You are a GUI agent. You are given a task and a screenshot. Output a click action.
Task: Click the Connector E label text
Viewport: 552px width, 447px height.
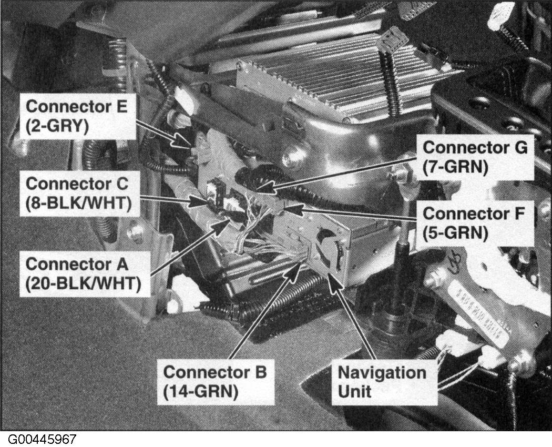(76, 106)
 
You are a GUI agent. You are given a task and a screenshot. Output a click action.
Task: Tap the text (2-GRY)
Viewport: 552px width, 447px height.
(57, 126)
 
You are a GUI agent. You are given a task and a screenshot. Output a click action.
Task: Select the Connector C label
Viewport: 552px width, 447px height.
(77, 184)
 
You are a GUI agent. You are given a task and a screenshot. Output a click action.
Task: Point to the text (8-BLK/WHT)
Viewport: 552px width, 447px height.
(78, 203)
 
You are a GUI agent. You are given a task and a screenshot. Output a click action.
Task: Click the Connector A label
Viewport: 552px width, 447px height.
(77, 264)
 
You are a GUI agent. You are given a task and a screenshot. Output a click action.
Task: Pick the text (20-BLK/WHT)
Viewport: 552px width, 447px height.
(84, 283)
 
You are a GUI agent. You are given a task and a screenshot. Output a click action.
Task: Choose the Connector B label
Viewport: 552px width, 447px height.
(214, 372)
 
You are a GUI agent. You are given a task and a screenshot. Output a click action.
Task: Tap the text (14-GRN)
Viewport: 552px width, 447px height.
(201, 391)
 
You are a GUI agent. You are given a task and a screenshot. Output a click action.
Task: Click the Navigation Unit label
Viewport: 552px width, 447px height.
(382, 381)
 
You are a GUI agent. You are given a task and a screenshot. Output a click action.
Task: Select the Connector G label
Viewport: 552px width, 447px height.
(475, 148)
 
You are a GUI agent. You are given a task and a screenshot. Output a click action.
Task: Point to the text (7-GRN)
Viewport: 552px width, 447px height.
(455, 167)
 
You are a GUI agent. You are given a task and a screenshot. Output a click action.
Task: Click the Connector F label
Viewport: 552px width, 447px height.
(474, 214)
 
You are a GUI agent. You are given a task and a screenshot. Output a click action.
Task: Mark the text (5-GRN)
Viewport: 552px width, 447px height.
(455, 233)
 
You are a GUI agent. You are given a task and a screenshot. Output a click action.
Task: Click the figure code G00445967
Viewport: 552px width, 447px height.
(42, 439)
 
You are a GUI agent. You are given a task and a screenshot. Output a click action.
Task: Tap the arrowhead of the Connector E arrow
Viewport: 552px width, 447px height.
(187, 145)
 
